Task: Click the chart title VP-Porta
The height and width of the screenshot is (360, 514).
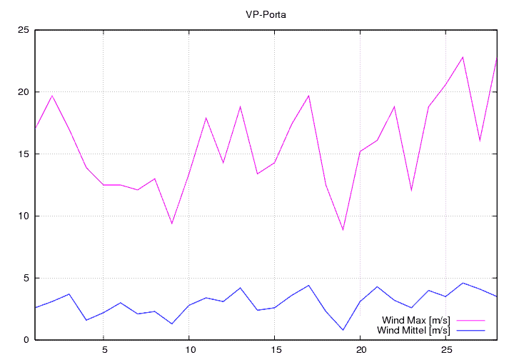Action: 266,14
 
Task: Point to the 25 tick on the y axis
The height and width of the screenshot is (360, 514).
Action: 24,30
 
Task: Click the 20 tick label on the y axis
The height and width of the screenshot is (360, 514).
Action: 24,92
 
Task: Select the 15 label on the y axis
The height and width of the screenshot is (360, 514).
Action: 24,154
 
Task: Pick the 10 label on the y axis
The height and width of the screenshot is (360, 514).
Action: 24,216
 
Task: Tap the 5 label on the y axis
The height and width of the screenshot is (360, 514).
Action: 26,278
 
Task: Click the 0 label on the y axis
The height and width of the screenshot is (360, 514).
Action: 26,340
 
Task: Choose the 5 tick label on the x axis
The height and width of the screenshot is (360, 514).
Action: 104,351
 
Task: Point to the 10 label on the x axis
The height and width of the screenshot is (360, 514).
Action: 189,351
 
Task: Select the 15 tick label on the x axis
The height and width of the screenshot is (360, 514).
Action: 275,351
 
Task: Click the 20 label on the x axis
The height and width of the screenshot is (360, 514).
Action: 361,351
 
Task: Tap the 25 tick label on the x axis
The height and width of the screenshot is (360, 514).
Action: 446,351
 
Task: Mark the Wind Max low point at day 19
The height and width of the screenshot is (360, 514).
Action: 343,230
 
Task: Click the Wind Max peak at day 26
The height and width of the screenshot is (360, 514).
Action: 463,57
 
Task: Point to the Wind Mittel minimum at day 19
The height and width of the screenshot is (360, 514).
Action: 343,330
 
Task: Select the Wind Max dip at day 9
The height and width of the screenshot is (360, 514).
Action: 172,224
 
